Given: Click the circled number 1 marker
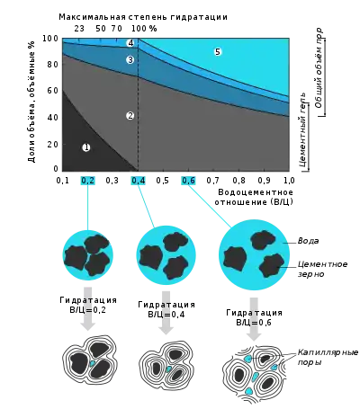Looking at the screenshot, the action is click(86, 147).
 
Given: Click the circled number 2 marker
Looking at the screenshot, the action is click(130, 116).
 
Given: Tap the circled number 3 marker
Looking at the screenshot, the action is click(130, 60).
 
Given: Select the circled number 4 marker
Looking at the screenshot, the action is click(130, 43).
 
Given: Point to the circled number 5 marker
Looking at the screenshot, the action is click(218, 52).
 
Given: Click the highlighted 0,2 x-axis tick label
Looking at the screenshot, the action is click(88, 181).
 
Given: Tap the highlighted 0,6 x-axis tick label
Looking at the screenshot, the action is click(188, 181).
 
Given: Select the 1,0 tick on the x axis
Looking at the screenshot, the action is click(289, 181).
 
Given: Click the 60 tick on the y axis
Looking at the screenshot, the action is click(52, 91).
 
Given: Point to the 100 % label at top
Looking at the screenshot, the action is click(144, 29).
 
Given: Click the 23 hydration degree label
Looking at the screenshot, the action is click(79, 29).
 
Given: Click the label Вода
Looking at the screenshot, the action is click(308, 241).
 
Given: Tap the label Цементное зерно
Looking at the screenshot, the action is click(322, 269).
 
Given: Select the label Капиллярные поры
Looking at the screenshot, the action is click(328, 357).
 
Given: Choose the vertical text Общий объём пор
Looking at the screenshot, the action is click(319, 68).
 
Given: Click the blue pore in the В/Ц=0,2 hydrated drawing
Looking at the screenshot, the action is click(93, 363).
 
